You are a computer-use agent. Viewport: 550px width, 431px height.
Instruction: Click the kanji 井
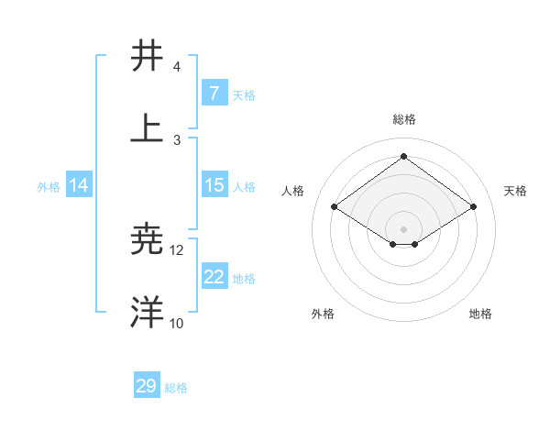[147, 57]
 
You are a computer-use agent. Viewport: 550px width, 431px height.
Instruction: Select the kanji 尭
[147, 240]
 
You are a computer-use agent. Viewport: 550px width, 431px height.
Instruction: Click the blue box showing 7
[214, 94]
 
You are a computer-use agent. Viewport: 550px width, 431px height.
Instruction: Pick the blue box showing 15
[214, 185]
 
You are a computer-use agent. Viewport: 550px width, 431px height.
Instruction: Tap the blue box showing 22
[214, 277]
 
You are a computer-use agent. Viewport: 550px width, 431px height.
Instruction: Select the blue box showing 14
[79, 185]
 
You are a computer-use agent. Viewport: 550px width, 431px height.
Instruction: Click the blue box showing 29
[147, 386]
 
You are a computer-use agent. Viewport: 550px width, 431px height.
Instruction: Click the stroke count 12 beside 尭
[177, 249]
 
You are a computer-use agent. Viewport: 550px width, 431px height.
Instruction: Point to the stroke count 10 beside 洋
[177, 323]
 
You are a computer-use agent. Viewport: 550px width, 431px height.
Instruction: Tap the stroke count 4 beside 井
[177, 67]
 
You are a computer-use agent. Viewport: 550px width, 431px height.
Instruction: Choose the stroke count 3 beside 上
[177, 139]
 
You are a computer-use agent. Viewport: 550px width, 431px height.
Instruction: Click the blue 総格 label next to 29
[176, 388]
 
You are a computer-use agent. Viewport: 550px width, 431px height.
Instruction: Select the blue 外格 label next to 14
[49, 186]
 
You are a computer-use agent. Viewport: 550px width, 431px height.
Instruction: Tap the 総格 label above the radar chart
[403, 119]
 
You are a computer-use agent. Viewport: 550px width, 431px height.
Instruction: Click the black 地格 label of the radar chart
[480, 314]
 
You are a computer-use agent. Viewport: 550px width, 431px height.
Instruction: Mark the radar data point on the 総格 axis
[403, 156]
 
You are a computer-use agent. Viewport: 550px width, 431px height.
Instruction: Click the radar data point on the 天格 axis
[473, 207]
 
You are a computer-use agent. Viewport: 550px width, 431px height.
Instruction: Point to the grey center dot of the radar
[403, 228]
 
